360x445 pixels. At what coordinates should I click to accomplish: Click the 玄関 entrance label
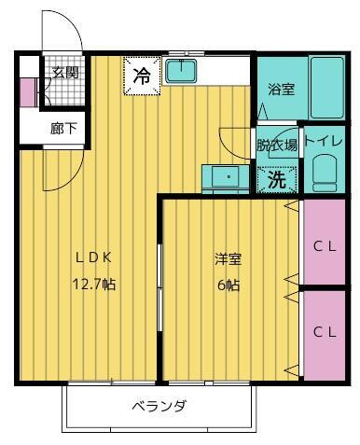[65, 73]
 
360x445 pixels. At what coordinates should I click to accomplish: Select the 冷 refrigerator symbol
[141, 76]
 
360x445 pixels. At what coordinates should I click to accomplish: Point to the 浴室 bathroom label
[281, 90]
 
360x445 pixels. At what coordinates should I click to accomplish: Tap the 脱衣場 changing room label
[278, 145]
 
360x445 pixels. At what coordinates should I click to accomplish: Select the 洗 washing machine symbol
[277, 179]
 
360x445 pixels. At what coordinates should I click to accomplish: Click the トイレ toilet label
[324, 141]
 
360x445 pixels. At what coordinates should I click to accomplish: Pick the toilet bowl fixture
[325, 174]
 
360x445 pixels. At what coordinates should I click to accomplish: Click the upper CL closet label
[324, 246]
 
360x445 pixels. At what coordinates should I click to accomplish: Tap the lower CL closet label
[324, 331]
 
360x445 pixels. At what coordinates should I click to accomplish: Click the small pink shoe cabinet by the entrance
[26, 93]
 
